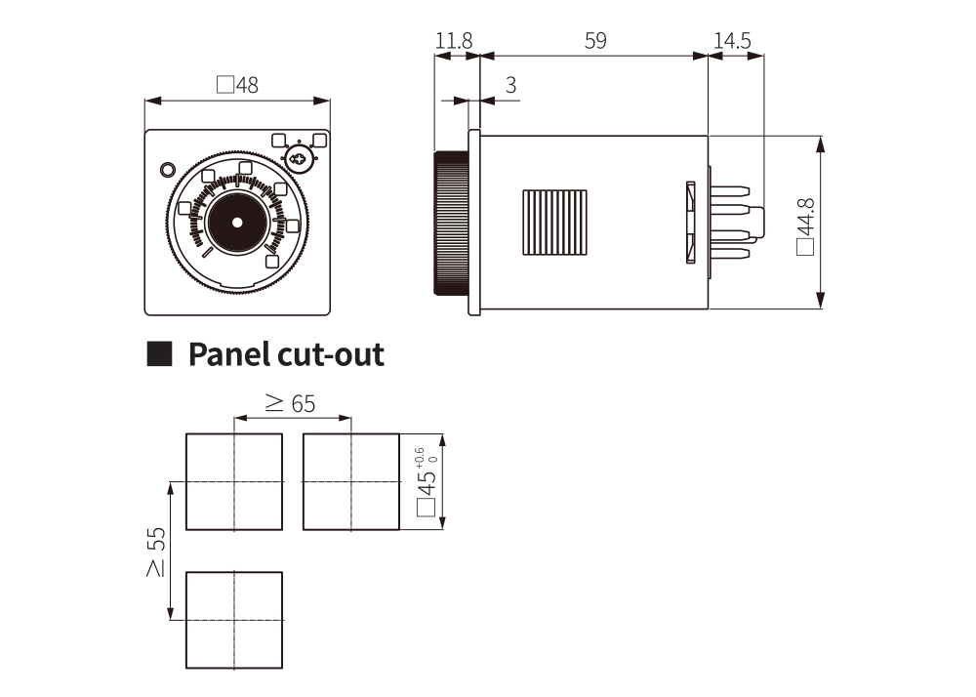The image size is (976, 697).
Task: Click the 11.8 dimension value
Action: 454,41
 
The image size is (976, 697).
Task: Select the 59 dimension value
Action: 594,41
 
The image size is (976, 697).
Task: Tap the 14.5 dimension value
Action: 732,41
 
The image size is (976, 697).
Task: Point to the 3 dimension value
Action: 510,86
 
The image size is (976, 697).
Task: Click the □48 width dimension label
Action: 237,85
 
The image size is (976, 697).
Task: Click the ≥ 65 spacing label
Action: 291,403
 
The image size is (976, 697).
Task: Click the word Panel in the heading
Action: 226,353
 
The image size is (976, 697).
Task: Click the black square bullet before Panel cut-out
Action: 159,353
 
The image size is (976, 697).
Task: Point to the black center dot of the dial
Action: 237,223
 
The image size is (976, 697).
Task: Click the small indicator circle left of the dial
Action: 168,170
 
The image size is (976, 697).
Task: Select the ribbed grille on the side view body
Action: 555,223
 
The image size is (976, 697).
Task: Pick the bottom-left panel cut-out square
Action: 234,620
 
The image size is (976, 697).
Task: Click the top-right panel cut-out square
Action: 351,482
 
